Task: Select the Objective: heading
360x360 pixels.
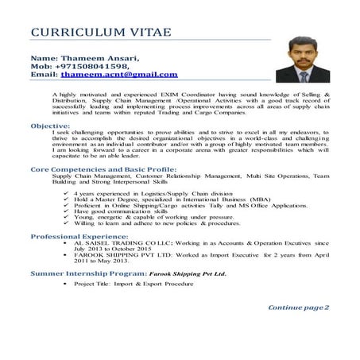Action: point(54,126)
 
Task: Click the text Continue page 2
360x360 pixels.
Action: point(298,307)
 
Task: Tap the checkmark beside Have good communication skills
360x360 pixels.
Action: point(64,212)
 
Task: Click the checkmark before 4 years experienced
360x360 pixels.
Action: point(64,194)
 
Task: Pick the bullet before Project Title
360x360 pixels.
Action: point(64,284)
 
